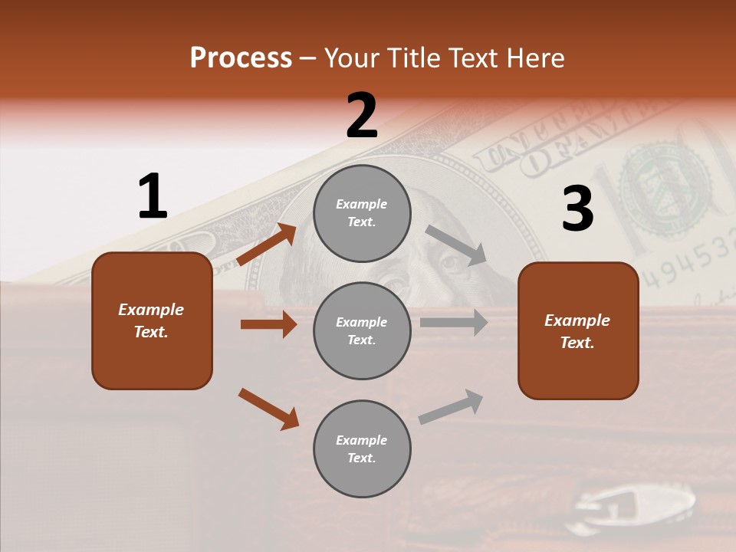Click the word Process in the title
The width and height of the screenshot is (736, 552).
(x=241, y=58)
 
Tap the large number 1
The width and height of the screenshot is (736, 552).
(x=152, y=197)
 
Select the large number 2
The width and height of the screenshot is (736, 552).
(x=362, y=116)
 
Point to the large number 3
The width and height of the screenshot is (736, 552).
(x=577, y=209)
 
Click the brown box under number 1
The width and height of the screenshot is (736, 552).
(x=152, y=320)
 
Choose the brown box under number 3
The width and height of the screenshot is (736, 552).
(x=578, y=330)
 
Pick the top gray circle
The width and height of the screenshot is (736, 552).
(x=362, y=213)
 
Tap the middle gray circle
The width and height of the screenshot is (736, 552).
(x=362, y=330)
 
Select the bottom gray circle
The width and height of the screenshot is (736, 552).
(x=362, y=449)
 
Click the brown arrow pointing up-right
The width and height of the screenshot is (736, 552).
(x=267, y=245)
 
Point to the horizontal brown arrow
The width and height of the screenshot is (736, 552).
(x=268, y=324)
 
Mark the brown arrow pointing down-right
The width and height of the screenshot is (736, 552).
(x=268, y=409)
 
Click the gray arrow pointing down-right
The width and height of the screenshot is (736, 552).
(x=456, y=245)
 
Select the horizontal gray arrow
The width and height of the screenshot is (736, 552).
(x=454, y=323)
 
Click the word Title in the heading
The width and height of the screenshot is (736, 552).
(x=413, y=58)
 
